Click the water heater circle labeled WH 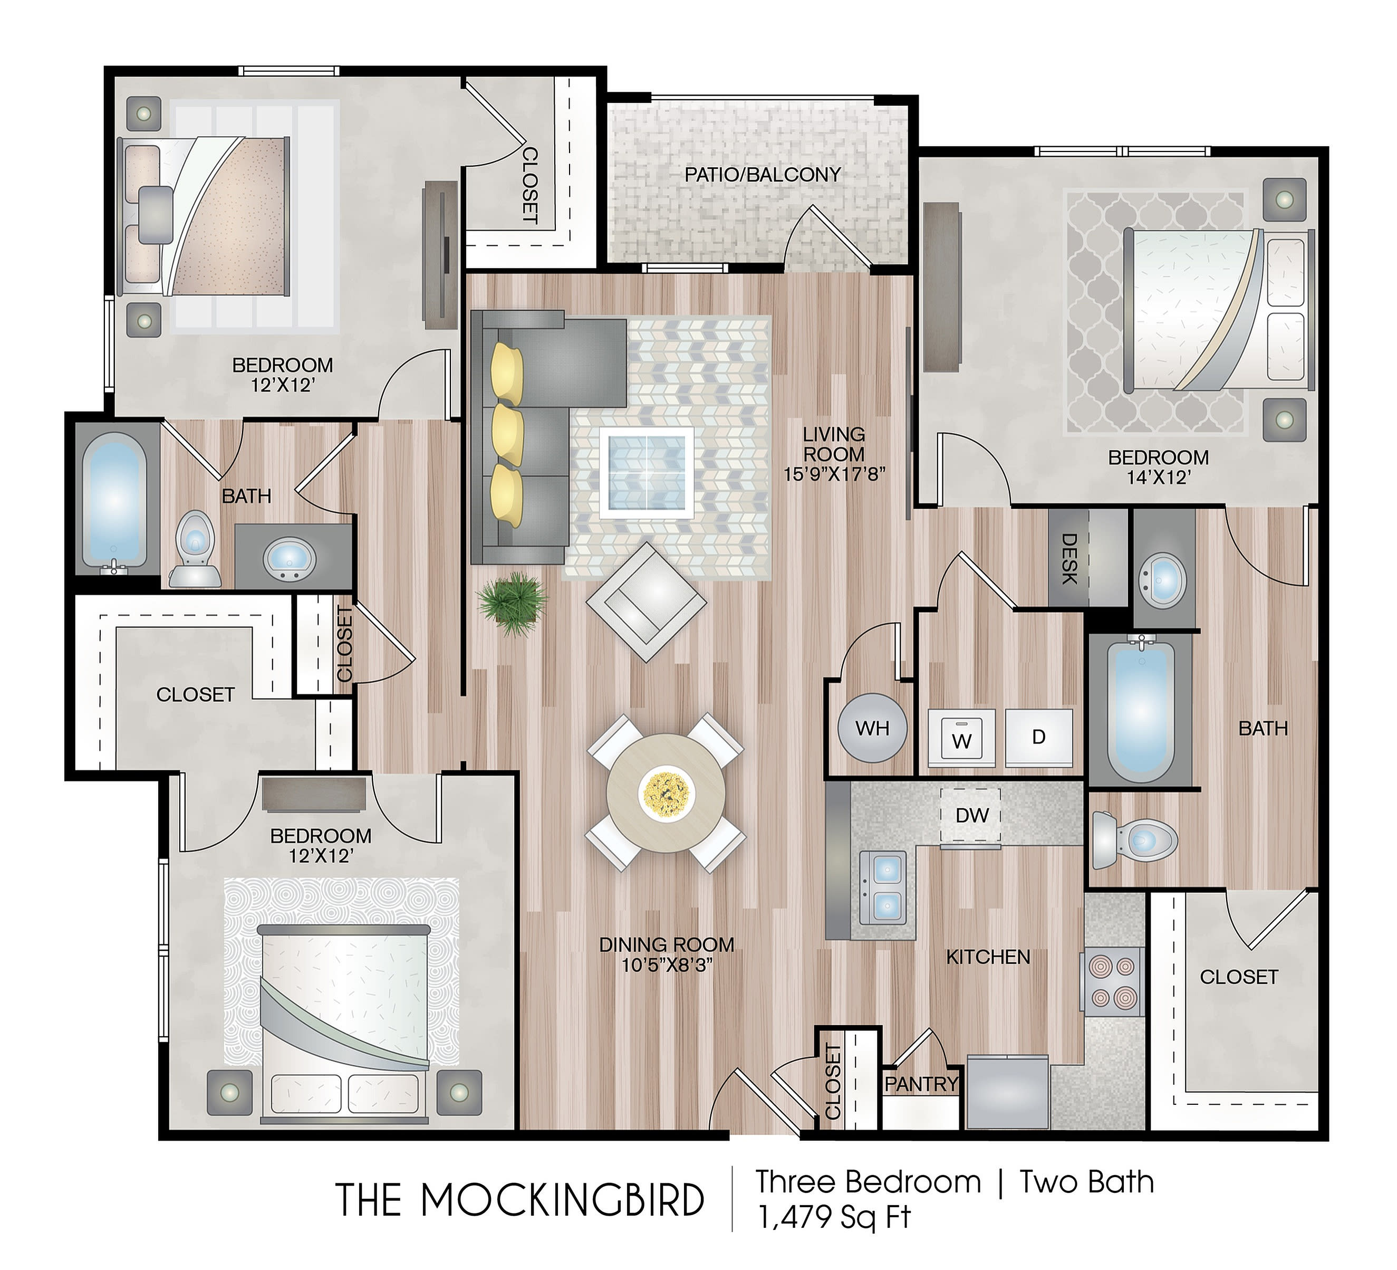(x=872, y=728)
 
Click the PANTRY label (x=922, y=1084)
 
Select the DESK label (x=1069, y=559)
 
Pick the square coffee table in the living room (x=647, y=473)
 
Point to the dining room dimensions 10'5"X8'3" (x=667, y=965)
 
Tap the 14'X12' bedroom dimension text (x=1158, y=477)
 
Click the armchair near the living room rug (x=646, y=601)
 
